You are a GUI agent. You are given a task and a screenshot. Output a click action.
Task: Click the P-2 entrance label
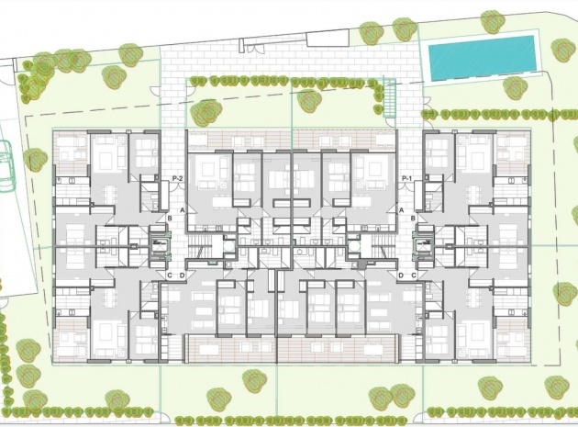tap(177, 178)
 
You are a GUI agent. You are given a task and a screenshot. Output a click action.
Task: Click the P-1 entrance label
tap(406, 178)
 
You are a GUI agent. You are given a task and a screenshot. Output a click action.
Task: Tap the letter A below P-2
tap(183, 210)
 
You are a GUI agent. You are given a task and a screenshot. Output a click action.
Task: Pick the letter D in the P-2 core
tap(182, 275)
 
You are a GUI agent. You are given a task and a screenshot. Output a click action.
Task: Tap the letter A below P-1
tap(401, 210)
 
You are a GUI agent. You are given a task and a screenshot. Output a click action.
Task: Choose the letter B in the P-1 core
tap(414, 218)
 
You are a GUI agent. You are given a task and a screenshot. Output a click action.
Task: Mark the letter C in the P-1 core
tap(414, 275)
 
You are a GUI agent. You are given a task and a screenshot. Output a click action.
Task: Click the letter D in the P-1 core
tap(401, 275)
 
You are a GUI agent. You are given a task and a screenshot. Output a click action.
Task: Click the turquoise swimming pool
tap(481, 57)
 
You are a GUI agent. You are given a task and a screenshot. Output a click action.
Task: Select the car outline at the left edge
tap(5, 166)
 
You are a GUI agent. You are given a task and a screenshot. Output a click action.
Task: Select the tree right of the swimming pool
tap(563, 50)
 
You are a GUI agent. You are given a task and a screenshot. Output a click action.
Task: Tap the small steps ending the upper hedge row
tap(389, 93)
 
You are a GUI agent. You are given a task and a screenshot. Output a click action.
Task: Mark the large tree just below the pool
tap(515, 88)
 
